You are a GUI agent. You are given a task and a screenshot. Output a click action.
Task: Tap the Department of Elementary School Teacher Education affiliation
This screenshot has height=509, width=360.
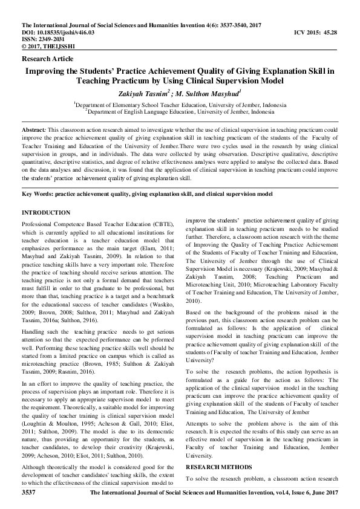tap(180, 105)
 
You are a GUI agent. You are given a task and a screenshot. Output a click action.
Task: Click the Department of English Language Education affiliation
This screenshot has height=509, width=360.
tap(180, 111)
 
